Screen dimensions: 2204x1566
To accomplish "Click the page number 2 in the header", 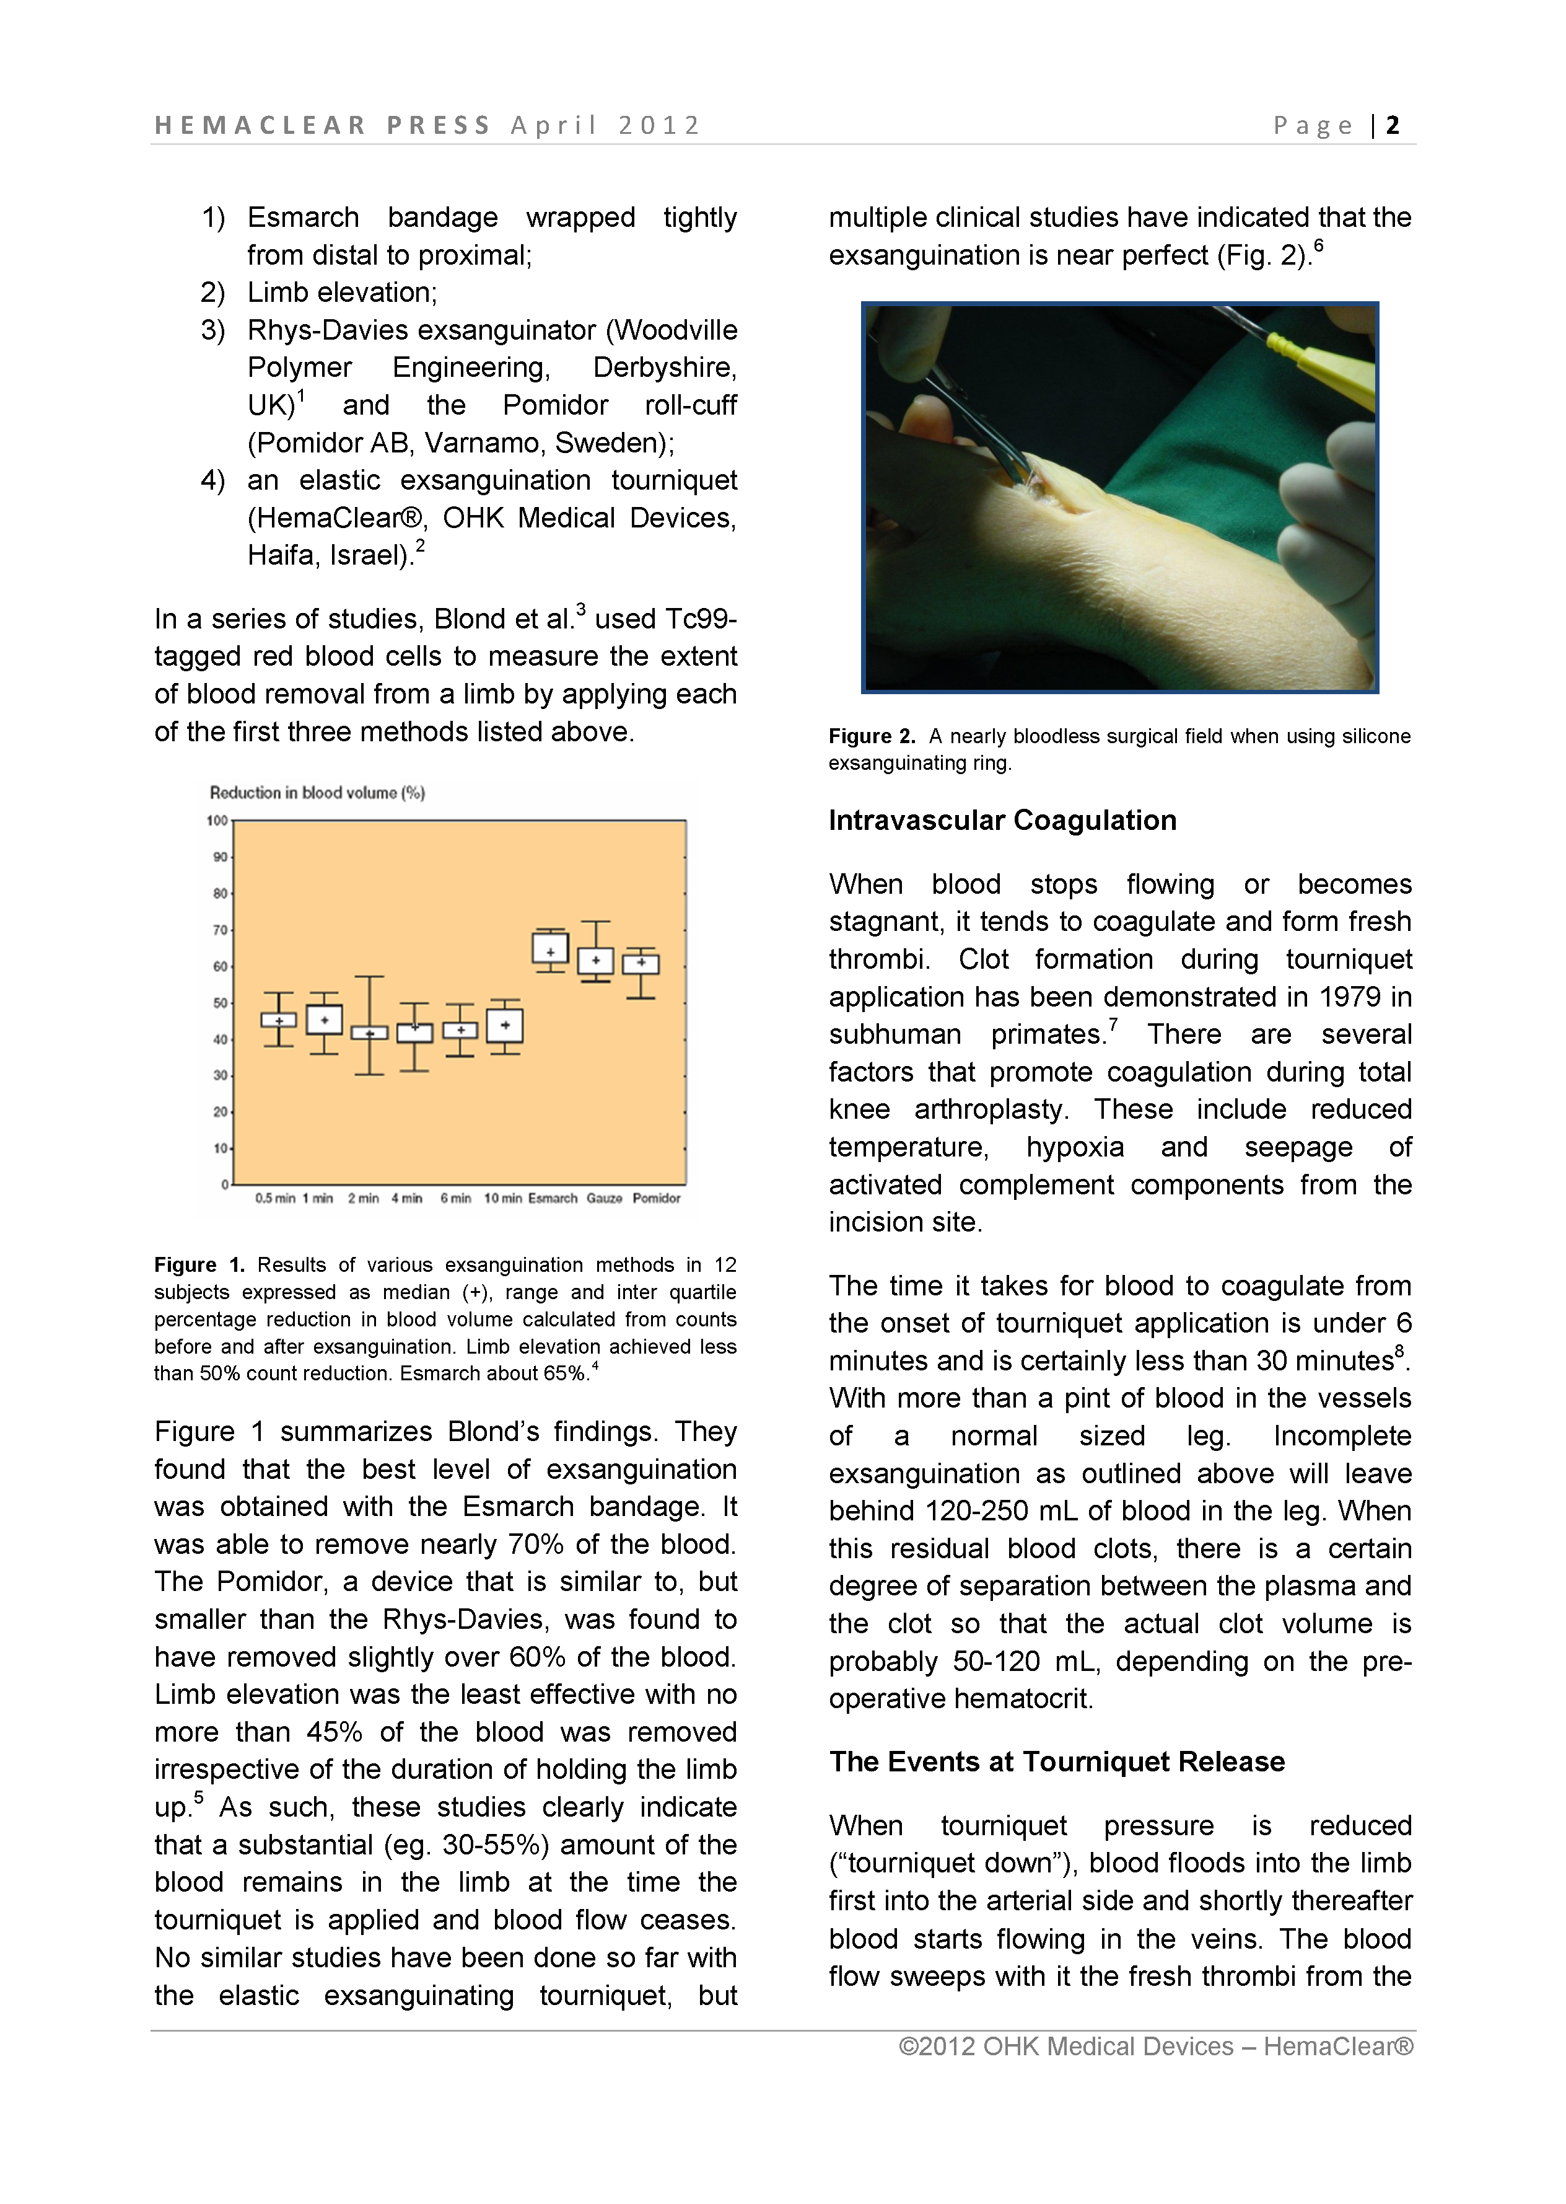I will [1393, 125].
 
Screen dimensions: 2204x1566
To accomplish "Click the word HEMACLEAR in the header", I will [260, 125].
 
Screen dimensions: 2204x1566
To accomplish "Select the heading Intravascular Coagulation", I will [1002, 820].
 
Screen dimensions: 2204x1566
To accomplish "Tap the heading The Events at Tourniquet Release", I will [1056, 1761].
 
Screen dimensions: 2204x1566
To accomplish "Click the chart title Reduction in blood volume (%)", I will [317, 793].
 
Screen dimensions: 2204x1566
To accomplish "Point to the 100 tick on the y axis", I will [217, 821].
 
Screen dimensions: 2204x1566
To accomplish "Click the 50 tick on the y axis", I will [220, 1003].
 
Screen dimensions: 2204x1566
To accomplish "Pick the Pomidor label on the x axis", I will [656, 1198].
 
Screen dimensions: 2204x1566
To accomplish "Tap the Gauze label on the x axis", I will [605, 1198].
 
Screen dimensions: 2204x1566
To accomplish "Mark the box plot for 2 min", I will [369, 1032].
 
